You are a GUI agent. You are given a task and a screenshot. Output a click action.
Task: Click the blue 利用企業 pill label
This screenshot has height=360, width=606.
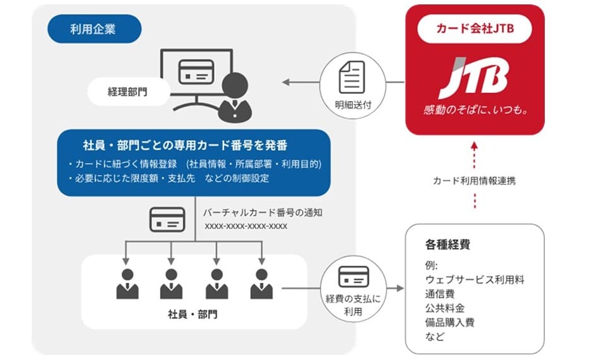point(94,29)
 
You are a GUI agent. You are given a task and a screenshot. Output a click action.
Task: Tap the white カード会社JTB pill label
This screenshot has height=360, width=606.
point(475,28)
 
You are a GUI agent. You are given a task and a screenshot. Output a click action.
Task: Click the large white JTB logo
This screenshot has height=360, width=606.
point(474,78)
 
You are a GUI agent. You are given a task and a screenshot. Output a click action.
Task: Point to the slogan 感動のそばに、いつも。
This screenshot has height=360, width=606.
point(475,110)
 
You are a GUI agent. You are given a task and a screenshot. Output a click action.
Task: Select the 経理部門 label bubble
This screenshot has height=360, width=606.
point(128,92)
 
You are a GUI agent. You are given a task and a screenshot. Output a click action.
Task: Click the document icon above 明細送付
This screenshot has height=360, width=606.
point(352,77)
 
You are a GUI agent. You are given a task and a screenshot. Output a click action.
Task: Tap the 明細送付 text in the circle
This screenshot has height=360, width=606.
point(353,104)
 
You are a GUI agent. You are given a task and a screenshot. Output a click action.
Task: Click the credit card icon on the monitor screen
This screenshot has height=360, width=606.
point(196,72)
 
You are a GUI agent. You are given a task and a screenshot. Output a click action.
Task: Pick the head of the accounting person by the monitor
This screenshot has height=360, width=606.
point(235,85)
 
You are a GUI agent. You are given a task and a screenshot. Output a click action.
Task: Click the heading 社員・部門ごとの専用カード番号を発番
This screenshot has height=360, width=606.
point(185,145)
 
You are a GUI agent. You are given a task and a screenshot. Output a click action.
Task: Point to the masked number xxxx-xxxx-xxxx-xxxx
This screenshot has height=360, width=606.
point(246,226)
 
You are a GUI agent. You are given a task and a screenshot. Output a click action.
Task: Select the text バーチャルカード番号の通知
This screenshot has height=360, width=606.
point(263,212)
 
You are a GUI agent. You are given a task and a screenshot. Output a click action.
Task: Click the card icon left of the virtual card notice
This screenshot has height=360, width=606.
point(167,219)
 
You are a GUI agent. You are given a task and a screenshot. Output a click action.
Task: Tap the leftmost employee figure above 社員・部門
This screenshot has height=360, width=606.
point(127,284)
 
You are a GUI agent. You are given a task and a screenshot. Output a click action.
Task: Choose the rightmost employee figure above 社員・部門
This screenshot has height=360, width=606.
point(261,284)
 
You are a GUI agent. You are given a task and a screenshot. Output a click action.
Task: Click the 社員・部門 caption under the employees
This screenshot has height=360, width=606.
point(193,314)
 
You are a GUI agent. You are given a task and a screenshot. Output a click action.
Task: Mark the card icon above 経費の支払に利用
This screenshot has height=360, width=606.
point(353,276)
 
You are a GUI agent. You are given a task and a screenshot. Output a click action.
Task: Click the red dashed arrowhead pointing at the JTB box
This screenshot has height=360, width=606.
point(475,146)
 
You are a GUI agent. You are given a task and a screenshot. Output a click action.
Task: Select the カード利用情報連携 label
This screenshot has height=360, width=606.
point(474,181)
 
